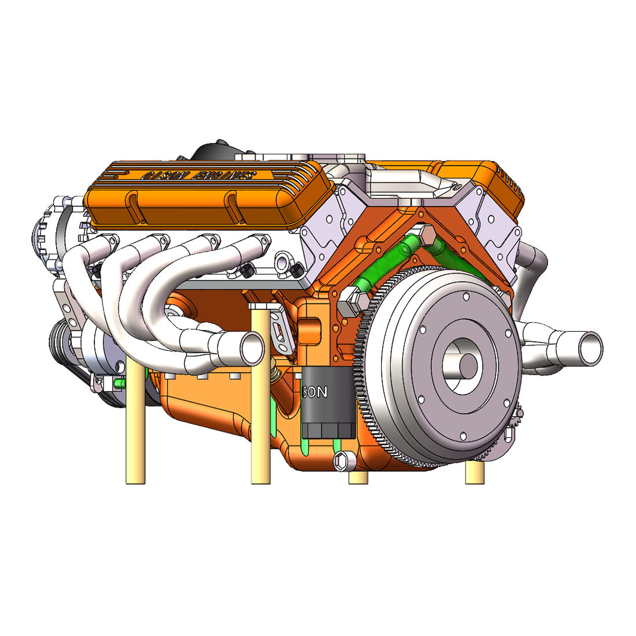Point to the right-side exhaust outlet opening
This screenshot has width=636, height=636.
[590, 347]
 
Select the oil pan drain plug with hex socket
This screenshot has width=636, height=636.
[342, 460]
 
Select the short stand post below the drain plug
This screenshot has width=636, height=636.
[358, 478]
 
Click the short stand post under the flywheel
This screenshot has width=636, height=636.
[475, 472]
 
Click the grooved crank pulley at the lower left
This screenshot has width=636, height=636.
[61, 341]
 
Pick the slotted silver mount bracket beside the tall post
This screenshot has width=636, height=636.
[280, 330]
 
